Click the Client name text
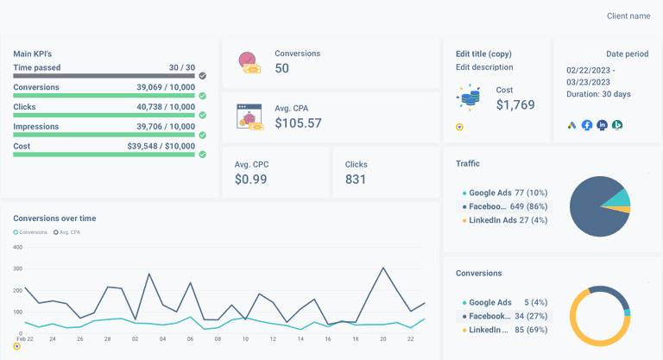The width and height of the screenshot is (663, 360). [x=628, y=16]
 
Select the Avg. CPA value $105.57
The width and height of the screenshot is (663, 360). [x=298, y=123]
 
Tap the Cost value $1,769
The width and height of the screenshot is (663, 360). [x=515, y=104]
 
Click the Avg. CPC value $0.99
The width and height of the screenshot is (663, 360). [x=251, y=179]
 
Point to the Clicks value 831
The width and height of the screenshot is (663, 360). [x=357, y=179]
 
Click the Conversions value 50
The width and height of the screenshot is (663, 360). [x=282, y=68]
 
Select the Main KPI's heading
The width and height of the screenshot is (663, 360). [x=33, y=54]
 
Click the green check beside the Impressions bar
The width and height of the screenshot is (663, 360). [x=202, y=135]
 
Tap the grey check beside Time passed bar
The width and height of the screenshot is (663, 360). [x=202, y=76]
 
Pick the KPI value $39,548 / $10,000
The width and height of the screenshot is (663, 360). [x=161, y=146]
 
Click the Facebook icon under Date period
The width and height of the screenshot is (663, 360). [x=587, y=125]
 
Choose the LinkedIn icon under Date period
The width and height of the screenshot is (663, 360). [x=602, y=125]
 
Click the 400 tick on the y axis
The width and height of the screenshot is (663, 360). [x=16, y=247]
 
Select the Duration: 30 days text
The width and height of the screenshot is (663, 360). [x=599, y=93]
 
